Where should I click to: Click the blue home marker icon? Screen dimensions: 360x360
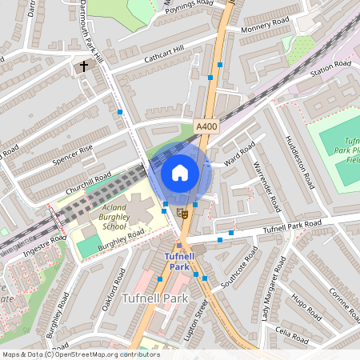pos(180,173)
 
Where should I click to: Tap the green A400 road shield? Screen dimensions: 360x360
pos(206,126)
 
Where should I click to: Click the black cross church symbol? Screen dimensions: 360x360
pos(83,66)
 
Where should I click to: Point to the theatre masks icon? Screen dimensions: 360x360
pos(183,214)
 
